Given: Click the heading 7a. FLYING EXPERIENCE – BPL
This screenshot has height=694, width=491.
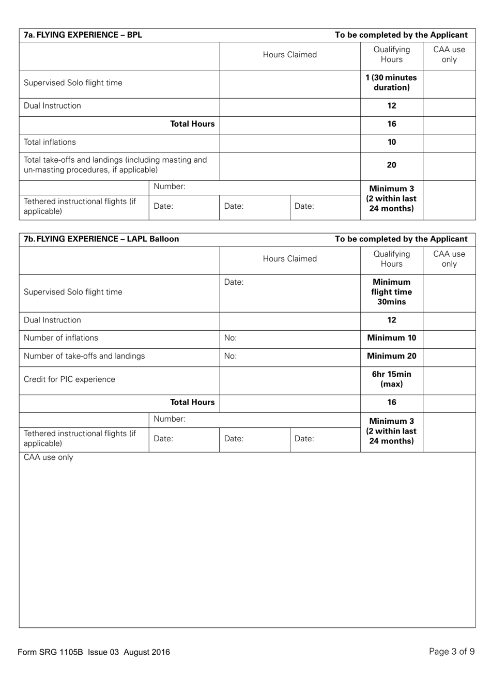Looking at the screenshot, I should pos(83,35).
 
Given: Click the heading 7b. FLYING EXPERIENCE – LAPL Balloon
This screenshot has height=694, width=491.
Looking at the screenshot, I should pos(101,239).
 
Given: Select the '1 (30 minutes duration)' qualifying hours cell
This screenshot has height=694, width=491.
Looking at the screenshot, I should pos(391,83).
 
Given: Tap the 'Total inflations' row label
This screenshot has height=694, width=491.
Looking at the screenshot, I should pos(50,142).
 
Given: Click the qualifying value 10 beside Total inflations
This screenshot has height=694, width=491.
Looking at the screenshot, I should pos(391,142).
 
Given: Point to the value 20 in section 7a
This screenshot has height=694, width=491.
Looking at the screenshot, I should pos(391,165).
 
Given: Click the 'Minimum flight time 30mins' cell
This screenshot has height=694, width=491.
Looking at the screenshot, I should pos(391,292).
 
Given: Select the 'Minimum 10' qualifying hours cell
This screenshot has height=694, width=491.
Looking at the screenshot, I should pos(391,338).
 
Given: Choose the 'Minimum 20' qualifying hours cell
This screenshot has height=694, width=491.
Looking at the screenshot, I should pos(391,356).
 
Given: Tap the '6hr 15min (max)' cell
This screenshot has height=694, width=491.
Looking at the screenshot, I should pos(391,379).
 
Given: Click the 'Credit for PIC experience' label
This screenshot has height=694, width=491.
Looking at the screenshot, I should pos(69,379).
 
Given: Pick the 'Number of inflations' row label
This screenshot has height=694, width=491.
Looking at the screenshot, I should pos(61,338).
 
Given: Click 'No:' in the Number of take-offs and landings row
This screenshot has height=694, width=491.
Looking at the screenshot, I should pos(231,356).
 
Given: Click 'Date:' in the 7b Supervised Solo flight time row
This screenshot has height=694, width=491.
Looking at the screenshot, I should pos(234,282).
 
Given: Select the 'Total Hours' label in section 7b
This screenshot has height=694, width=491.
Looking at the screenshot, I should pos(192,403).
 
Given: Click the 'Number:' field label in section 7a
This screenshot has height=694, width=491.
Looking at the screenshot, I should pos(170,187).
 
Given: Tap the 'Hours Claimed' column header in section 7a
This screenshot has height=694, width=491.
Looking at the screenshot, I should pos(289,55).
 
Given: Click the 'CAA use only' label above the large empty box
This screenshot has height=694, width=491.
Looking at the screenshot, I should pos(49,457).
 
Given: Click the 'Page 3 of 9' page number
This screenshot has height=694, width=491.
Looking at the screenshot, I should pos(451,652).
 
